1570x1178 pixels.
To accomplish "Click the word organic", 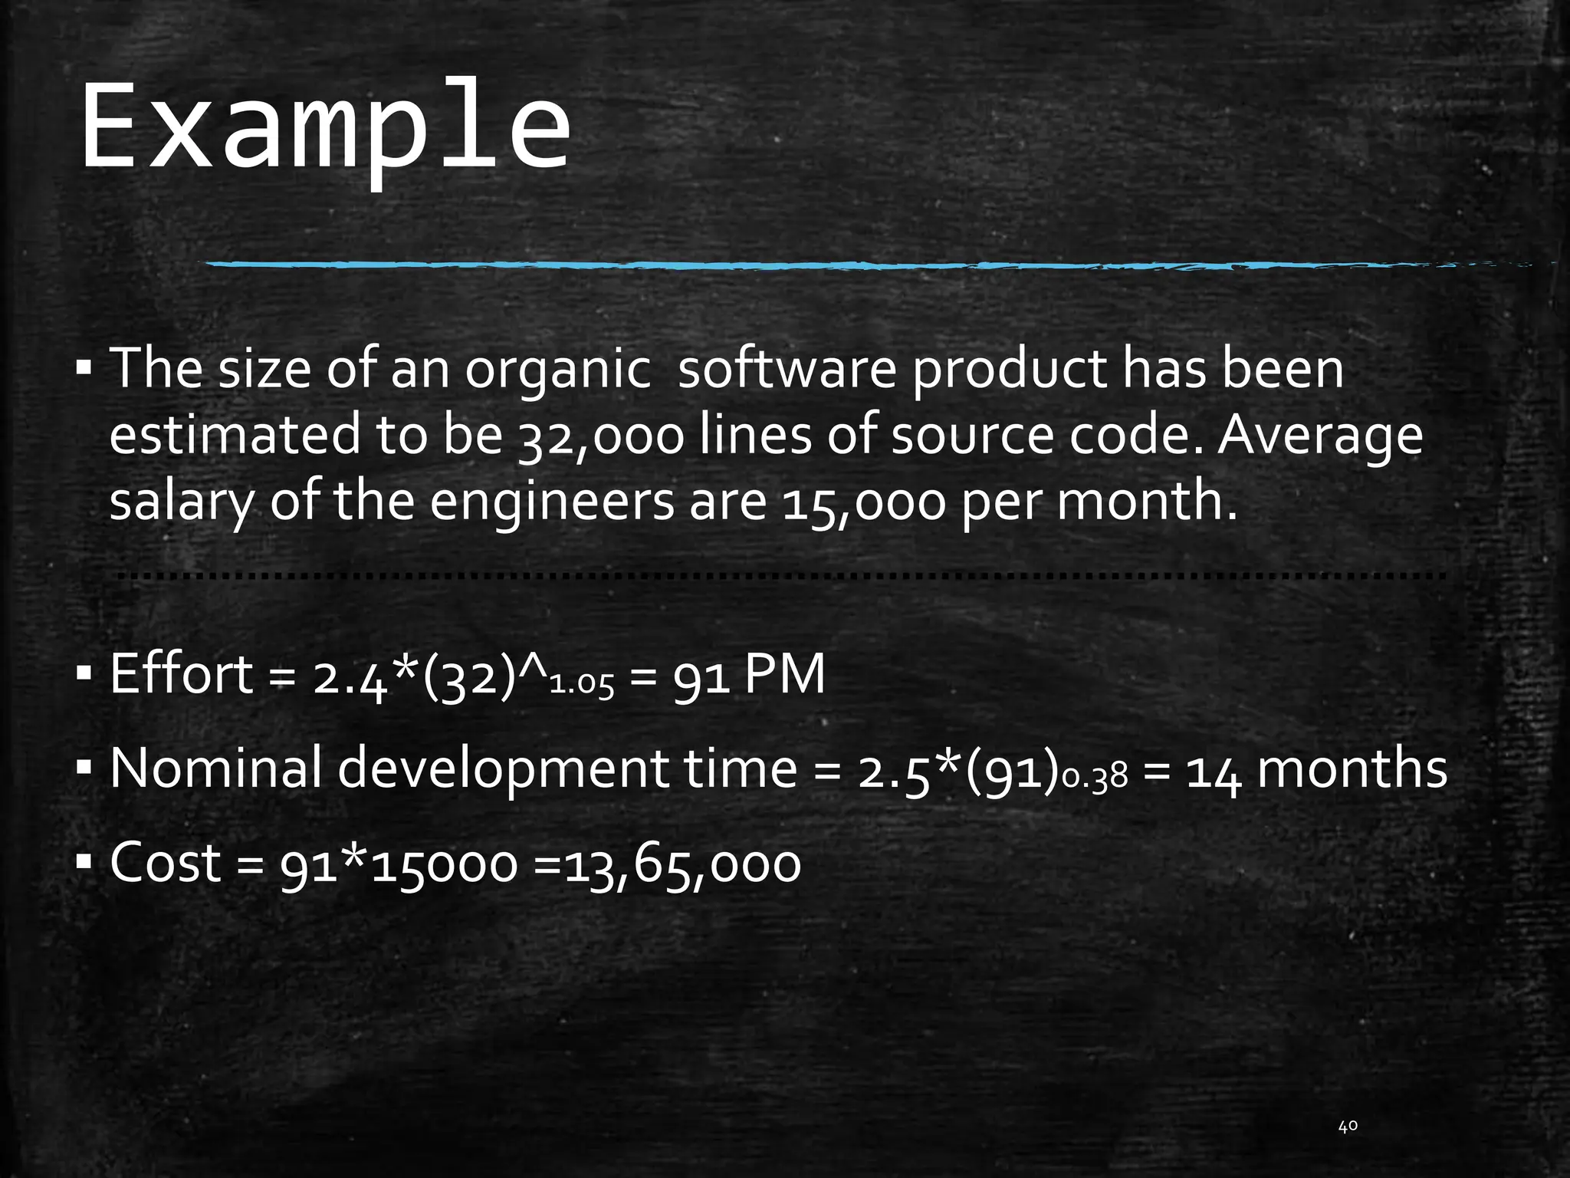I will pyautogui.click(x=557, y=369).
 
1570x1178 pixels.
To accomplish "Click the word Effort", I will pyautogui.click(x=181, y=674).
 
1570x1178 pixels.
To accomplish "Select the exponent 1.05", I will pyautogui.click(x=583, y=685).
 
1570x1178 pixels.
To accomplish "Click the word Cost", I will pyautogui.click(x=166, y=862).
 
